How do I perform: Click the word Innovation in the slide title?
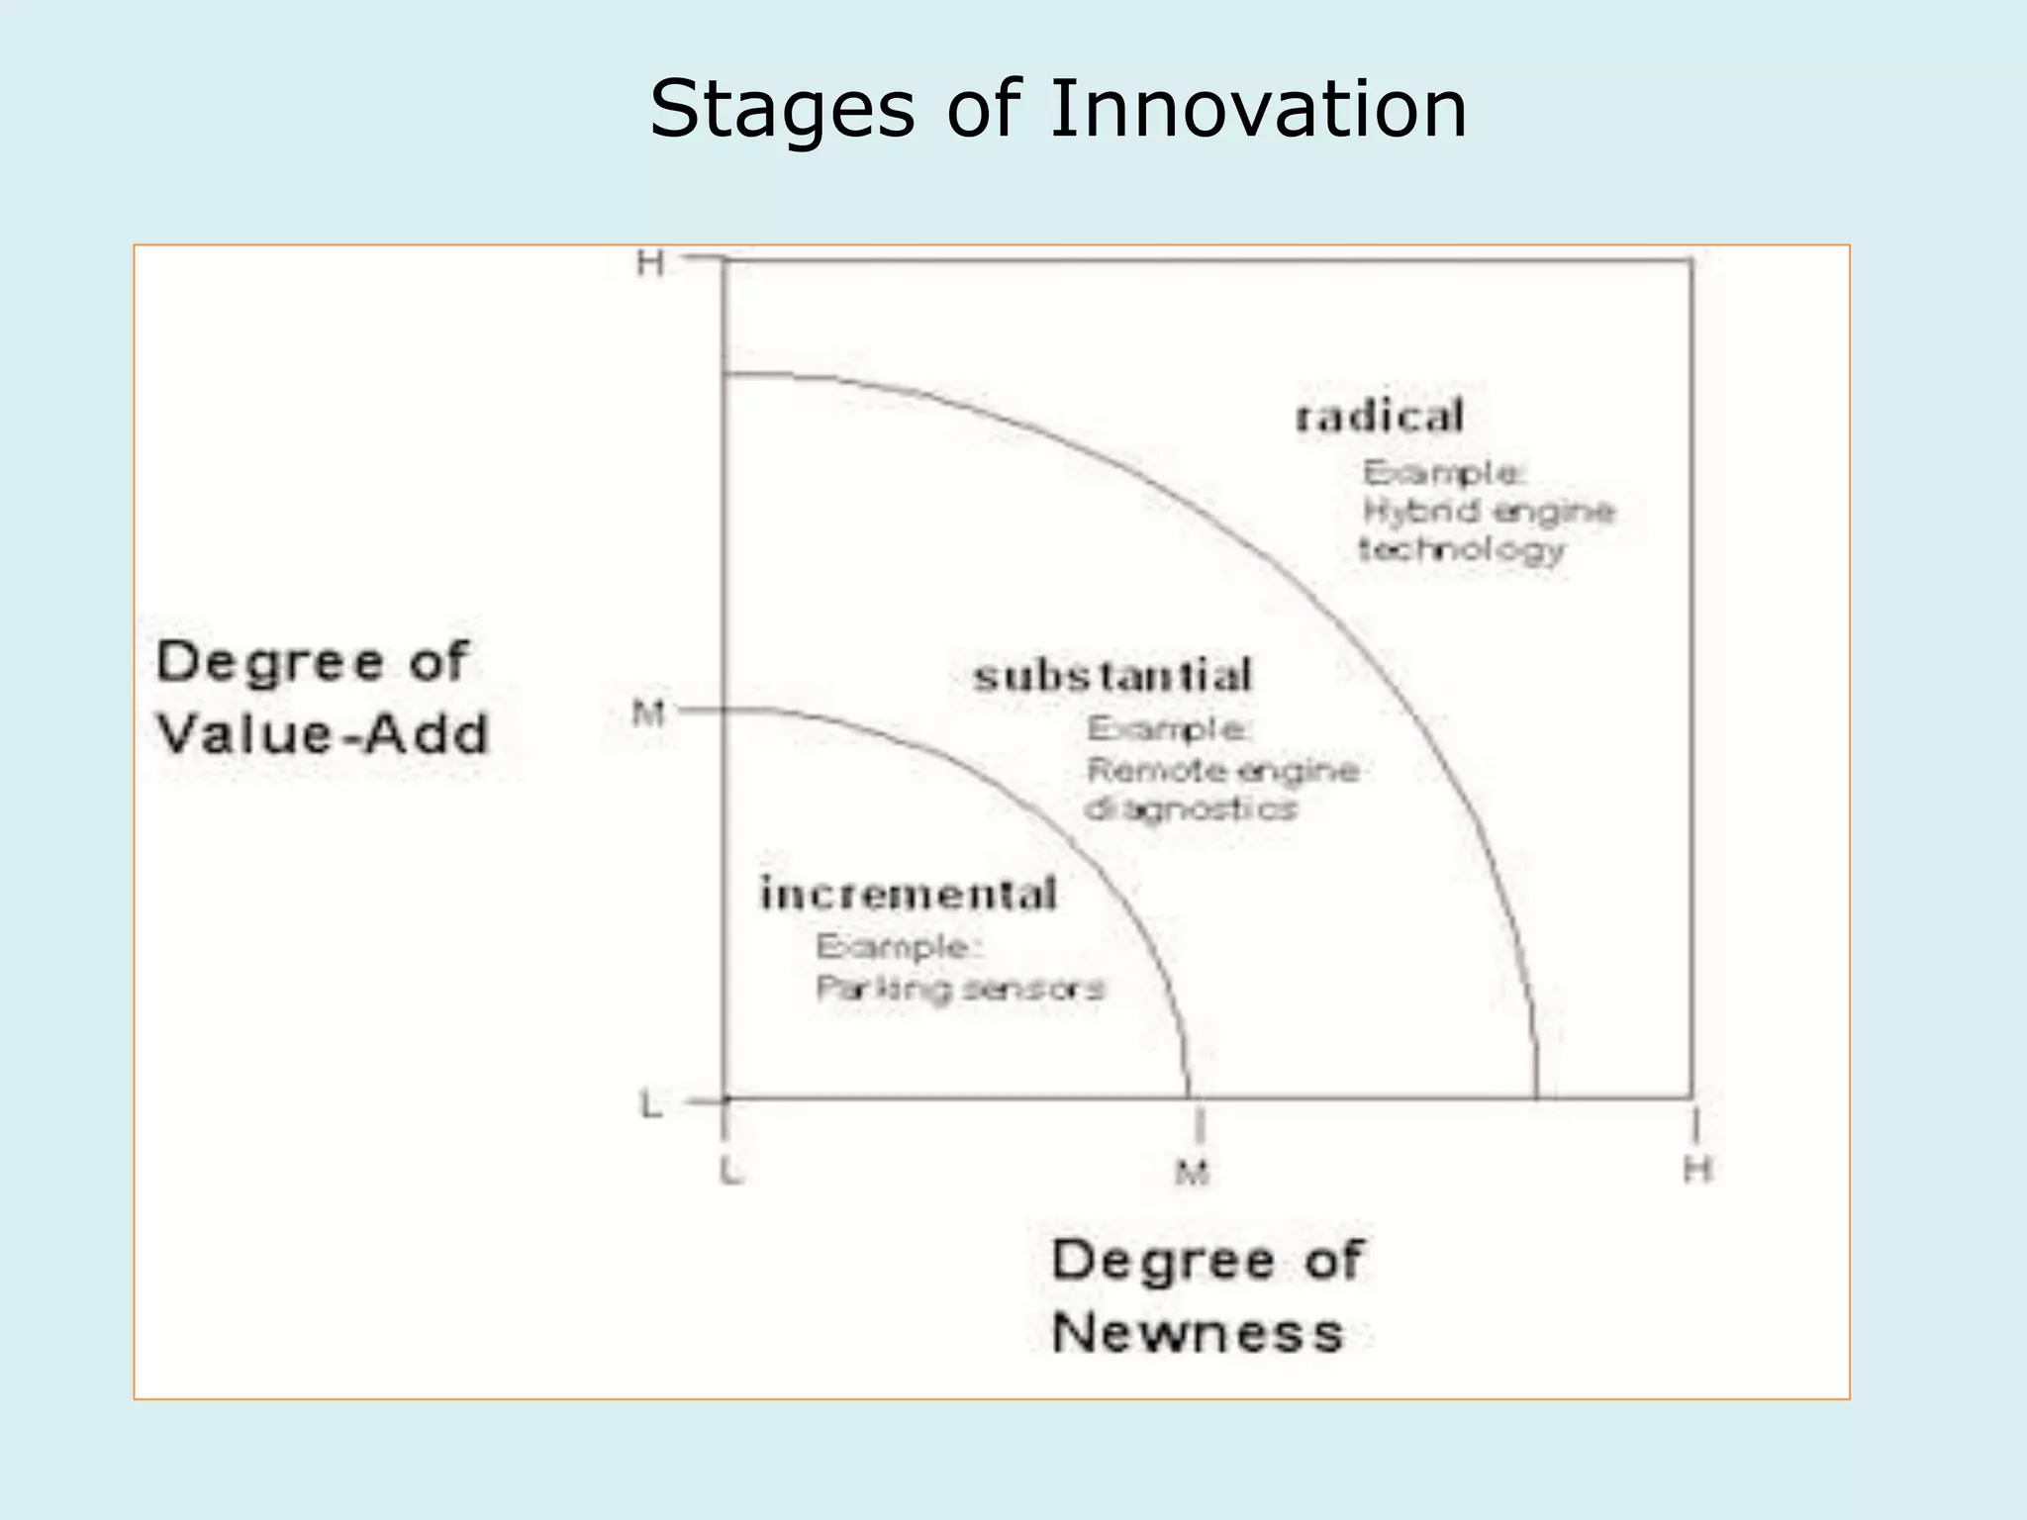[1257, 109]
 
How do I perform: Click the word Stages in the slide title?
[782, 111]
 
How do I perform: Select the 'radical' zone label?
[1380, 417]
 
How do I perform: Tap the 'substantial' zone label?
[1113, 677]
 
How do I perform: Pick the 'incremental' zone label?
[909, 895]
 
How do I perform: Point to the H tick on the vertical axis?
[650, 264]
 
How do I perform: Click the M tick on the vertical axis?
[648, 712]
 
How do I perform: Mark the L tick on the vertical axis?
[650, 1104]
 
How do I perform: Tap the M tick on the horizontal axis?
[1193, 1174]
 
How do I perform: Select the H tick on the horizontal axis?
[1697, 1171]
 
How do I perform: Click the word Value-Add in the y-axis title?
[323, 734]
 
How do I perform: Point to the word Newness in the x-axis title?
[1198, 1332]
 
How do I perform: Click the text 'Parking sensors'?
[959, 989]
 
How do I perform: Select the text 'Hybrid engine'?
[1489, 512]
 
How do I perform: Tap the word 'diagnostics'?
[1192, 809]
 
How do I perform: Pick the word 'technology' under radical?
[1462, 550]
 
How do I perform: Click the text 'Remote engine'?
[1223, 770]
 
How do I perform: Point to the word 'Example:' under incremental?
[898, 947]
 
